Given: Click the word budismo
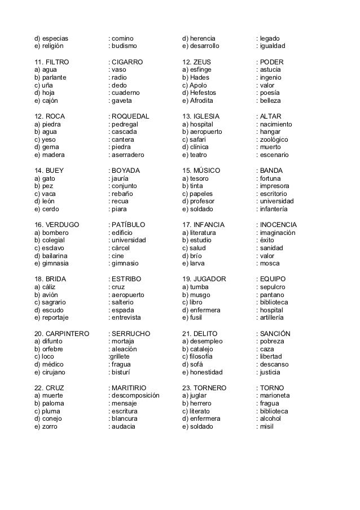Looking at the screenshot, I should click(x=125, y=46).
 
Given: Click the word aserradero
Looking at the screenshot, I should click(x=128, y=155).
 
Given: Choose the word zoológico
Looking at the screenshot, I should click(x=274, y=140).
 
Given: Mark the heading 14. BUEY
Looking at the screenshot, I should click(x=49, y=171).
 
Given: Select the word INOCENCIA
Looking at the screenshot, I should click(x=278, y=225).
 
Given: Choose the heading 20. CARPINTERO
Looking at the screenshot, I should click(x=62, y=333).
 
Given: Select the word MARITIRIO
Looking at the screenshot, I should click(x=129, y=388).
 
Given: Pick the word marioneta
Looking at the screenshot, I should click(x=274, y=396).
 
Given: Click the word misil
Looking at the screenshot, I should click(x=266, y=426).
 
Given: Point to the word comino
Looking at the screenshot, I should click(x=123, y=38).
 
